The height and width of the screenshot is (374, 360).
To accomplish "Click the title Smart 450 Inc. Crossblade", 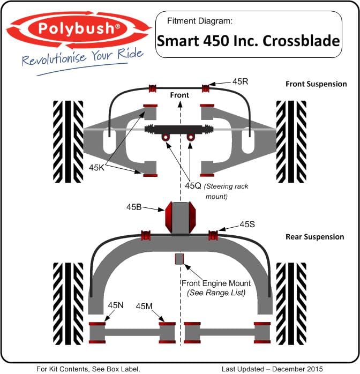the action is pyautogui.click(x=249, y=41).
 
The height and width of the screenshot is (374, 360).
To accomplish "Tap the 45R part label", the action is pyautogui.click(x=241, y=81).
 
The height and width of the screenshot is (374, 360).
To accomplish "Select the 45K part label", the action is pyautogui.click(x=96, y=167).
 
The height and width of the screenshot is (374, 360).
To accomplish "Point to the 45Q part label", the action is pyautogui.click(x=193, y=185).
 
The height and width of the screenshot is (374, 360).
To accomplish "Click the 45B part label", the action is pyautogui.click(x=134, y=207).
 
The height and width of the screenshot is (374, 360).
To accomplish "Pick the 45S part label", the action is pyautogui.click(x=247, y=224).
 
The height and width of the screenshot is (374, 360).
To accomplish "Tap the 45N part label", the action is pyautogui.click(x=116, y=305).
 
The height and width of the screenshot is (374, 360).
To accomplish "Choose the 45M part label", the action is pyautogui.click(x=144, y=306).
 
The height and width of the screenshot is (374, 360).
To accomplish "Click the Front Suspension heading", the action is pyautogui.click(x=316, y=84).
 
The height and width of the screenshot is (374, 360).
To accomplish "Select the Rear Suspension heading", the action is pyautogui.click(x=314, y=237).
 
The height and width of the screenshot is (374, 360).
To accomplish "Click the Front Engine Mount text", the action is pyautogui.click(x=216, y=283).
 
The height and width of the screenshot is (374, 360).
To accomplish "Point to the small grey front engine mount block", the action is pyautogui.click(x=179, y=259).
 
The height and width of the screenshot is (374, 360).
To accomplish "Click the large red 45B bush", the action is pyautogui.click(x=181, y=218).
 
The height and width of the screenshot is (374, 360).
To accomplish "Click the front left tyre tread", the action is pyautogui.click(x=68, y=141).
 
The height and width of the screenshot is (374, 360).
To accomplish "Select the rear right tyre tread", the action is pyautogui.click(x=291, y=304).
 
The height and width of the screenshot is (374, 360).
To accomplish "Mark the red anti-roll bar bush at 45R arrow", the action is pyautogui.click(x=206, y=88).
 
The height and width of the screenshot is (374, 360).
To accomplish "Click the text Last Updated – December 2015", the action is pyautogui.click(x=272, y=369).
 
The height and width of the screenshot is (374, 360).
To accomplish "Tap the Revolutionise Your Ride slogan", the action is pyautogui.click(x=82, y=57).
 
